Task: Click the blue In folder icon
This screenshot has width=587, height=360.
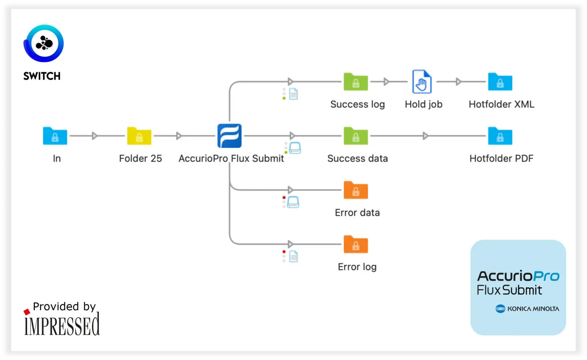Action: coord(55,136)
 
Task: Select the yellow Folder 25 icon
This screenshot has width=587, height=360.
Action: coord(139,136)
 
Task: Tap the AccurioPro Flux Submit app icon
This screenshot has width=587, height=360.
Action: coord(230,136)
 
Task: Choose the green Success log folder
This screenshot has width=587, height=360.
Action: coord(356,81)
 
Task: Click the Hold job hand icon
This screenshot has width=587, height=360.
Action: coord(422,81)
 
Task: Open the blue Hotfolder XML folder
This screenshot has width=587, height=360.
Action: coord(500,81)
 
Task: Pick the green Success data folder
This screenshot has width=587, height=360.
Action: coord(356,136)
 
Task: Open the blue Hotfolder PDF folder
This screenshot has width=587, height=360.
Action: coord(500,136)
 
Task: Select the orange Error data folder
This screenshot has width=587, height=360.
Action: coord(356,190)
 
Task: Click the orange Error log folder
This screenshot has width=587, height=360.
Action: coord(356,244)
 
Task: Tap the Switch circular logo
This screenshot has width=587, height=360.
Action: coord(44,43)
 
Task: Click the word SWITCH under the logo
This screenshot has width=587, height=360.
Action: coord(42,76)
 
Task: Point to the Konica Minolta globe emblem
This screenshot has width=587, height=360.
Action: coord(500,309)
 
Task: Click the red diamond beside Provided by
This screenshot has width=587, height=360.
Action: coord(27,312)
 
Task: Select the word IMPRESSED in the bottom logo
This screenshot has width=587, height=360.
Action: coord(62,324)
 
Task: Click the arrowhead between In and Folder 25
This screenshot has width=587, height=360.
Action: coord(95,136)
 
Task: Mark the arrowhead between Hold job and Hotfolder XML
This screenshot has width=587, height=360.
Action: coord(458,81)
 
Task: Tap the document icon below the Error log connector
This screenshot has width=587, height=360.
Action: coord(293,256)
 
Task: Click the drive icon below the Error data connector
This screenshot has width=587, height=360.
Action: coord(293,202)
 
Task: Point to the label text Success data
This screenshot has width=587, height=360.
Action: coord(357,158)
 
